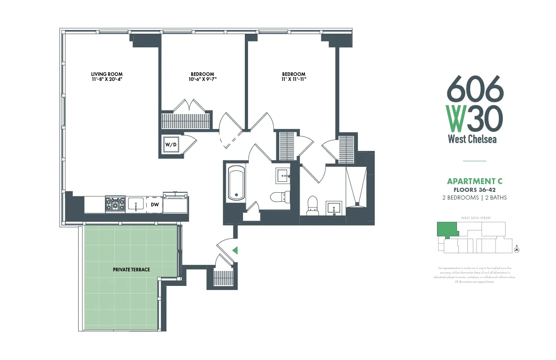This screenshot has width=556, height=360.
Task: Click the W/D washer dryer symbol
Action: point(171,145)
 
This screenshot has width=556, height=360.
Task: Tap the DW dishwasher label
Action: point(155,205)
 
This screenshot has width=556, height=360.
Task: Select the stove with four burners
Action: point(115,204)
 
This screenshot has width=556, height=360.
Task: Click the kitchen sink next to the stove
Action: point(135,205)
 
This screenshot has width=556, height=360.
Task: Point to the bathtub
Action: point(236,183)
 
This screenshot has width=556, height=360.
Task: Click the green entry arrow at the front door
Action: point(234,250)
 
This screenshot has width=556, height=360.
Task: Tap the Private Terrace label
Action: point(131,270)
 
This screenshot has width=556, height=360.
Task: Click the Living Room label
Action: point(107,74)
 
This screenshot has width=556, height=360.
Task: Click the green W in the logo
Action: point(456,118)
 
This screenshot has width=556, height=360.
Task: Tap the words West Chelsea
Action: point(472,139)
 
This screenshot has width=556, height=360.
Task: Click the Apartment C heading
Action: point(475,182)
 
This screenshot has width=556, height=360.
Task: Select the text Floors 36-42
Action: point(475,190)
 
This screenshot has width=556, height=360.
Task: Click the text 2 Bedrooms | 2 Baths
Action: point(475,198)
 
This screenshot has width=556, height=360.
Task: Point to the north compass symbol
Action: point(516,249)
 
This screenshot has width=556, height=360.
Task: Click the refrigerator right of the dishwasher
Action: point(176,204)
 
